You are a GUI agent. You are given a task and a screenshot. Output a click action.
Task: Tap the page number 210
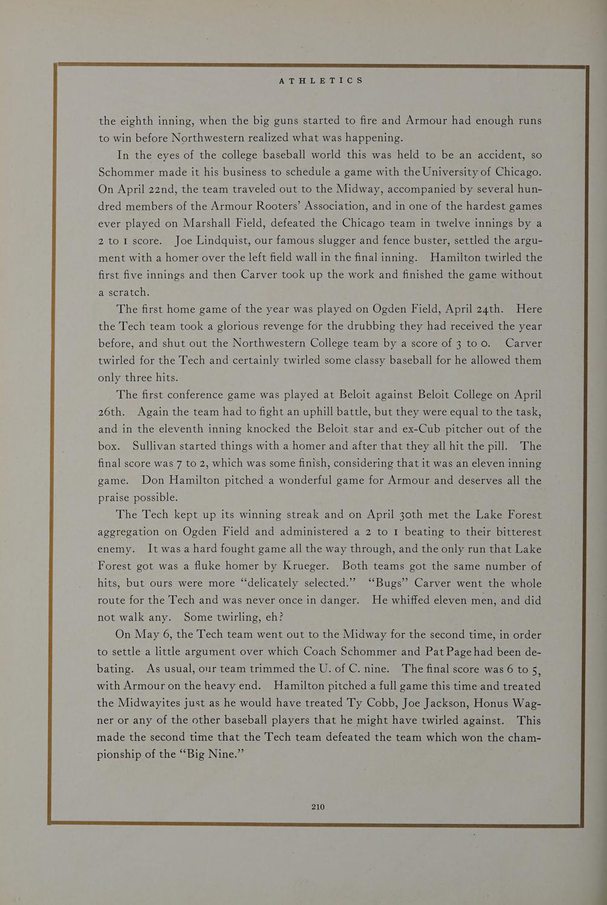coord(318,807)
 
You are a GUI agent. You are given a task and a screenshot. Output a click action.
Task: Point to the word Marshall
coord(226,223)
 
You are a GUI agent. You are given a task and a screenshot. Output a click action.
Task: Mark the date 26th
coord(111,412)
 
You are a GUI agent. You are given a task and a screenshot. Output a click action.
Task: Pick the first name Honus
coord(492,703)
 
